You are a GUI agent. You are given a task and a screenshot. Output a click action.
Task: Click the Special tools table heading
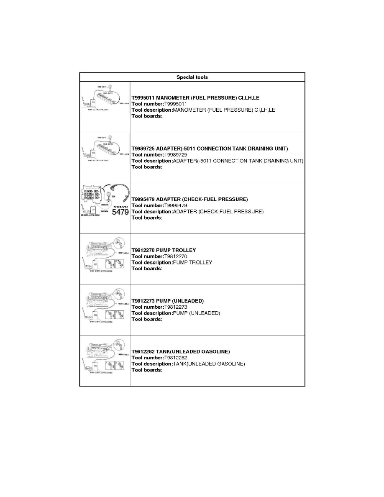192,77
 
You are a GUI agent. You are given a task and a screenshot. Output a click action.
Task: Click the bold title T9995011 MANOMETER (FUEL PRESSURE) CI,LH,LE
195,98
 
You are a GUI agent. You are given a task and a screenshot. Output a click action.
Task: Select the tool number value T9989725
176,155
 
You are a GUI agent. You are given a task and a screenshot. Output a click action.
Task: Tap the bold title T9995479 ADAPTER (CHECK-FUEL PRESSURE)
189,200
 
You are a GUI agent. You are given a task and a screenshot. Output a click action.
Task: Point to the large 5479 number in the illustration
120,212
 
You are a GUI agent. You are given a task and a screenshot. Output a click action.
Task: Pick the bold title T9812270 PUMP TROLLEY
164,250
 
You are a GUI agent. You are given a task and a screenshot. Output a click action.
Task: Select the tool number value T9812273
176,307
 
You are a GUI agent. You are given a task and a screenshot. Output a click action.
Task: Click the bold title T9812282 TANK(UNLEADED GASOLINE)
181,352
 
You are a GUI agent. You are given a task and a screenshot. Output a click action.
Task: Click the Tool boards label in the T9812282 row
147,370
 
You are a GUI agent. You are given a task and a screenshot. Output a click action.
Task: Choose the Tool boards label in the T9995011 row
147,116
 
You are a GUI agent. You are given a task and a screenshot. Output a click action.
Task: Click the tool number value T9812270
176,256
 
